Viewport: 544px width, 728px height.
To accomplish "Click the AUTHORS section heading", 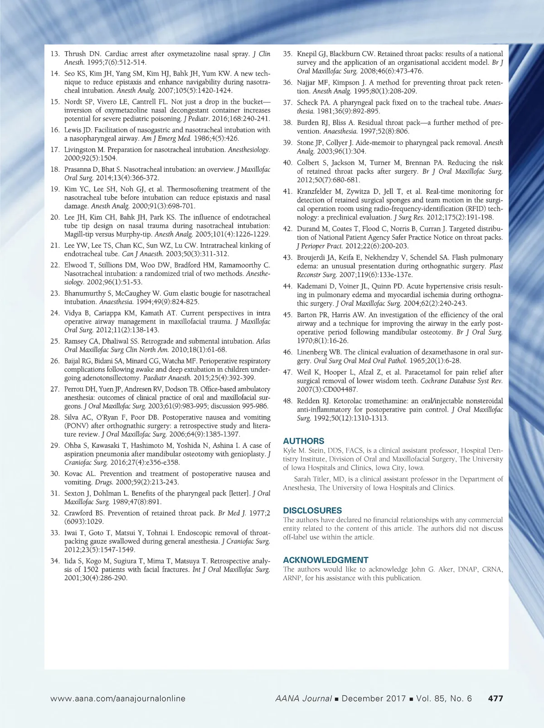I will pyautogui.click(x=303, y=441).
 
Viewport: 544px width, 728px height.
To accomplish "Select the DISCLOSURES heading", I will pyautogui.click(x=312, y=510).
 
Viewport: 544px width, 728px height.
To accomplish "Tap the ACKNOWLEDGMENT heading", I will pyautogui.click(x=325, y=560).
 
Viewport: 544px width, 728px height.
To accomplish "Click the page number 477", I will pyautogui.click(x=495, y=699).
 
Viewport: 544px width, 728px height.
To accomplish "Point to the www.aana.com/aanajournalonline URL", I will pyautogui.click(x=118, y=699).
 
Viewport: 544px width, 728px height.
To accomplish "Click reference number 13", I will pyautogui.click(x=55, y=54).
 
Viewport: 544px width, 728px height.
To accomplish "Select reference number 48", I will pyautogui.click(x=287, y=401).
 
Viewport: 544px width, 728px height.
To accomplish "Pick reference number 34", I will pyautogui.click(x=55, y=561).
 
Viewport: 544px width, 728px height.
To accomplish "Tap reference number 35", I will pyautogui.click(x=287, y=54).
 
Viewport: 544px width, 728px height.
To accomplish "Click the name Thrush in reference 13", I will pyautogui.click(x=75, y=54).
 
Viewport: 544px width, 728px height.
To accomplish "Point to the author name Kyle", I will pyautogui.click(x=290, y=451).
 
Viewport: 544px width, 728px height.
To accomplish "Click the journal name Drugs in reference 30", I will pyautogui.click(x=104, y=482).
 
